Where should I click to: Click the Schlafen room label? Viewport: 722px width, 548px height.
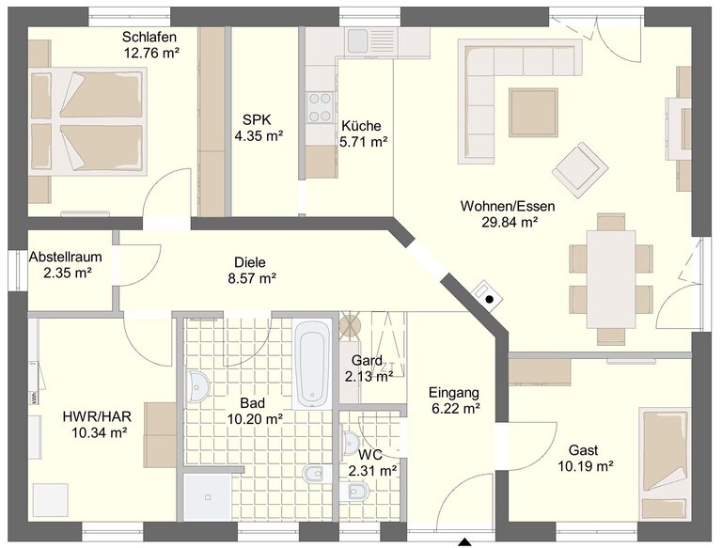tap(149, 37)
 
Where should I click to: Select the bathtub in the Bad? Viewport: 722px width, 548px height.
tap(313, 365)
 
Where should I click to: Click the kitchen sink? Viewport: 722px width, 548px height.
tap(358, 40)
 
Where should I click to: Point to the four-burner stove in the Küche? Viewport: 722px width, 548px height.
tap(320, 107)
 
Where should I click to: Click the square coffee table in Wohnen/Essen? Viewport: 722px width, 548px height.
tap(533, 113)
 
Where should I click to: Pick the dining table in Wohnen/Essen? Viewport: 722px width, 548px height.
tap(611, 278)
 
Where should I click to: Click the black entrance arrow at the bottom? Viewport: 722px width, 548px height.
tap(465, 542)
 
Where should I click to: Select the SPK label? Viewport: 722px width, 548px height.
tap(257, 120)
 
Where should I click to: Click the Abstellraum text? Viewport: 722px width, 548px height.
tap(66, 257)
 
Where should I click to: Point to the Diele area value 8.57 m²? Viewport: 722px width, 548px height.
tap(252, 278)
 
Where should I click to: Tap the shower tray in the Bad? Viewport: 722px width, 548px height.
tap(208, 497)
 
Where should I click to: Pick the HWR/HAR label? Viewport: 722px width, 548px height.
tap(97, 416)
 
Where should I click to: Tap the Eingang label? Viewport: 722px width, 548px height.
tap(454, 393)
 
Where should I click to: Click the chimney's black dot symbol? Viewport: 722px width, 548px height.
tap(490, 299)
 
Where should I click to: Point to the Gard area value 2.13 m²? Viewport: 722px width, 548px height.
tap(369, 377)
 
